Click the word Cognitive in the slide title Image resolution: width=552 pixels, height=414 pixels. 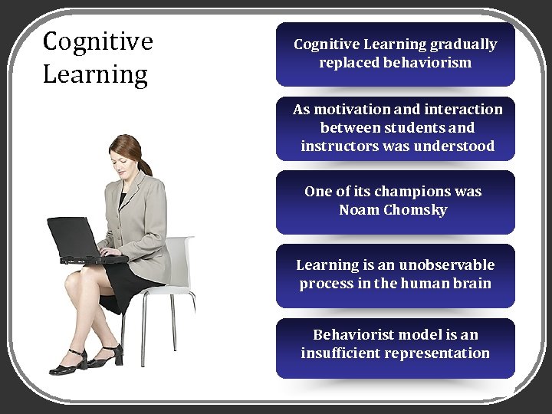pos(97,41)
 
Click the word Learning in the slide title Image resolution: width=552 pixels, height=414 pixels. pos(95,75)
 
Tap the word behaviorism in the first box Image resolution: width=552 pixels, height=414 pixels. pos(432,63)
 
